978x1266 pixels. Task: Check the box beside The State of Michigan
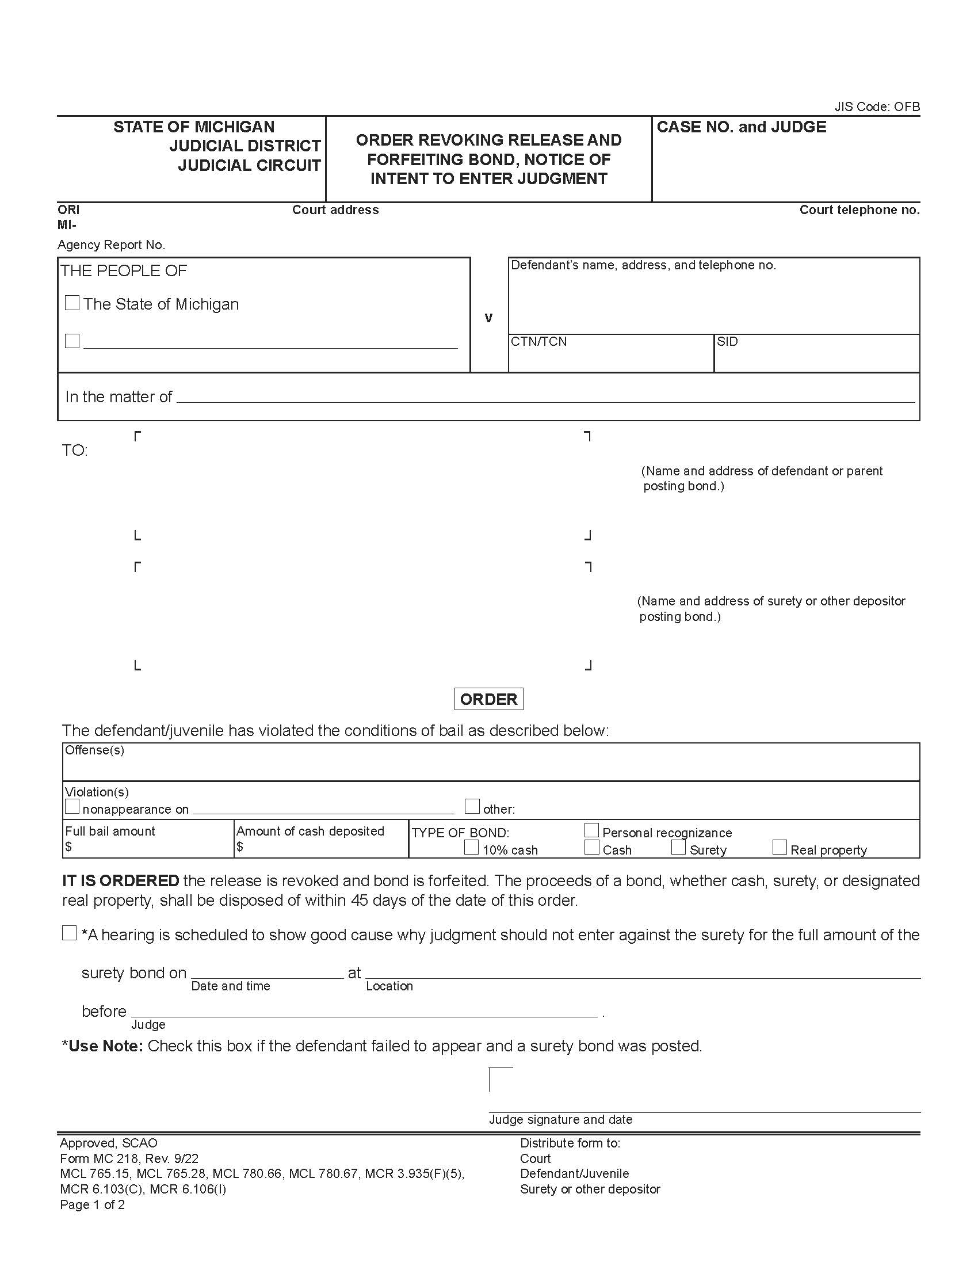click(72, 303)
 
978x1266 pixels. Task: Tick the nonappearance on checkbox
click(72, 806)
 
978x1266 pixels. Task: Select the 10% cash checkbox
click(472, 848)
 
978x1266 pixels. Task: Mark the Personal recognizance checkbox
click(591, 830)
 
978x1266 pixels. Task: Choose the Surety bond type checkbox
click(678, 848)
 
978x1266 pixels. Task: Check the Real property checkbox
click(780, 848)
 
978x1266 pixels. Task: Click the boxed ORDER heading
click(488, 699)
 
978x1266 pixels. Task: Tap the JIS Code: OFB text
click(877, 106)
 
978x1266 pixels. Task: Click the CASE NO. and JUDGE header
click(741, 127)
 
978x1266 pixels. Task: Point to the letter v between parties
click(488, 318)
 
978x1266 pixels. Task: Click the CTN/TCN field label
click(539, 342)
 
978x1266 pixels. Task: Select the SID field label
click(727, 342)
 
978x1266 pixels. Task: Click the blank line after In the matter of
click(545, 397)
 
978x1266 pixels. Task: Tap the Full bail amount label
click(110, 832)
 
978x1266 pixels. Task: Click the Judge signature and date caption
click(560, 1119)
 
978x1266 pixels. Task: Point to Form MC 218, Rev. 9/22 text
click(129, 1158)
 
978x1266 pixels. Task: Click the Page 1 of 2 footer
click(92, 1204)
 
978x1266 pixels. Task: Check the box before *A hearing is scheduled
click(69, 933)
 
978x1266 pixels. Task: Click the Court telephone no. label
click(859, 210)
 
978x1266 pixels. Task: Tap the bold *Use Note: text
click(102, 1046)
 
